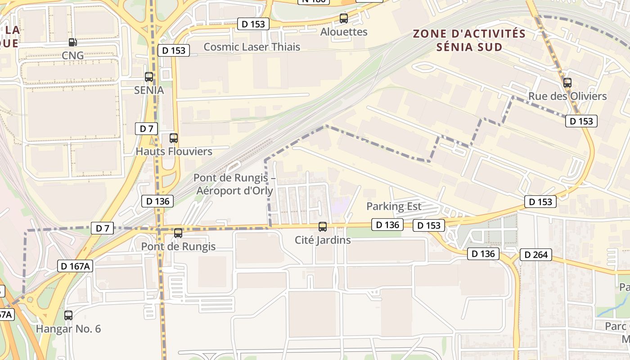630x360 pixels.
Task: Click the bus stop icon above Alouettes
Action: (344, 18)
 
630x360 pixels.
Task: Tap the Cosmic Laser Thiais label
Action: (252, 47)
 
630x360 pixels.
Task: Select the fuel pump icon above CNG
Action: (72, 42)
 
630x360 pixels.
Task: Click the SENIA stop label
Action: (149, 90)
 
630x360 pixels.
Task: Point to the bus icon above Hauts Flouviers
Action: (174, 138)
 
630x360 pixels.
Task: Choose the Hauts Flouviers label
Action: (174, 151)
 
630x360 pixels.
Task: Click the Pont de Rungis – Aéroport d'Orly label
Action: (234, 184)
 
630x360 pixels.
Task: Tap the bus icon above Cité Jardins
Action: (323, 227)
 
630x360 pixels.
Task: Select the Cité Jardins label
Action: (323, 240)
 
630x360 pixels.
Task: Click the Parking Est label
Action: (394, 207)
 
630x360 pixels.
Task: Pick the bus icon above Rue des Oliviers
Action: (567, 83)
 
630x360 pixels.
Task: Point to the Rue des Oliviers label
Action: (567, 96)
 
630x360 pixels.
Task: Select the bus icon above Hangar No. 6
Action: (68, 315)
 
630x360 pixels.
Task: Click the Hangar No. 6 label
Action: (68, 328)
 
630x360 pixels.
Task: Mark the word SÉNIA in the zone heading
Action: (455, 46)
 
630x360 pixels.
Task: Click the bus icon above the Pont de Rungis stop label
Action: (178, 233)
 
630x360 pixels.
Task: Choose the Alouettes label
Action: (344, 32)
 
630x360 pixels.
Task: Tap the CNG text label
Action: (73, 55)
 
